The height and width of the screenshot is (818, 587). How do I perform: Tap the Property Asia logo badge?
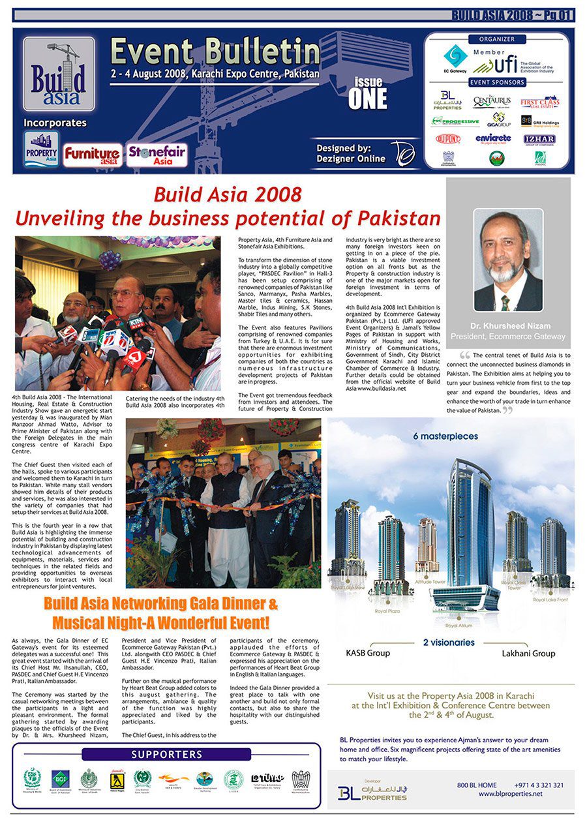tap(41, 150)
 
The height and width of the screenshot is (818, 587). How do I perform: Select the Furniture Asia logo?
tap(92, 155)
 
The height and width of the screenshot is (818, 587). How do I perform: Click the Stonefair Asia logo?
tap(157, 155)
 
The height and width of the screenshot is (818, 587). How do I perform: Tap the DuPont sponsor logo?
tap(448, 139)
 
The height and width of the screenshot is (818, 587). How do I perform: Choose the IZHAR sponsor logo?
tap(539, 139)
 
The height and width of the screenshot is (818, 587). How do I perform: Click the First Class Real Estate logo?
tap(539, 102)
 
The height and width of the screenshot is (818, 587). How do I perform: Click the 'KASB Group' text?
tap(368, 653)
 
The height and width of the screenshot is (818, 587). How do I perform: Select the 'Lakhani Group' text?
tap(528, 653)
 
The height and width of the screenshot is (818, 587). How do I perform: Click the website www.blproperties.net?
tap(510, 794)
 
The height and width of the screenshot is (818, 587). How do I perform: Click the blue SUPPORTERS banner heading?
tap(166, 755)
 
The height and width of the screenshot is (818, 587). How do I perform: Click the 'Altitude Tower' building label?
tap(430, 581)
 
